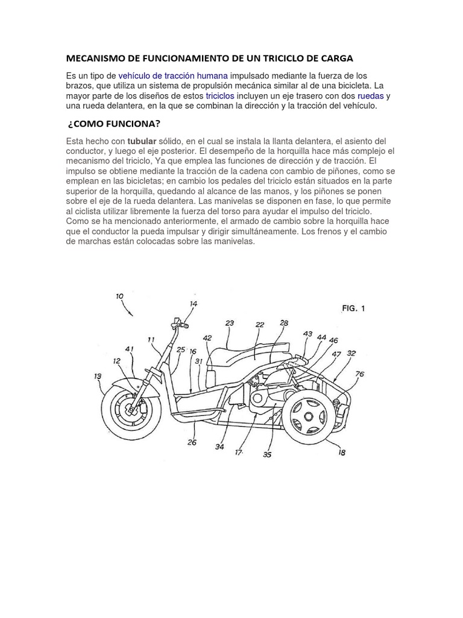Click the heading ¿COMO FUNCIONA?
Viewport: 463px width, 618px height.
(x=114, y=124)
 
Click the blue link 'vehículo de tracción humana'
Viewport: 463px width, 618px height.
(x=173, y=76)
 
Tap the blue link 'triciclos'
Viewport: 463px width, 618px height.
(x=219, y=95)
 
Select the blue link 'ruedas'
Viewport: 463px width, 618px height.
(x=370, y=95)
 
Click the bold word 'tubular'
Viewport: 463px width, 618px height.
(x=142, y=141)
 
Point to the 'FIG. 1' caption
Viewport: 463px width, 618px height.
(x=353, y=308)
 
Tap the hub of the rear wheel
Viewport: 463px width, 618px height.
(x=307, y=416)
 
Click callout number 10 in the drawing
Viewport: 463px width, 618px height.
(x=119, y=296)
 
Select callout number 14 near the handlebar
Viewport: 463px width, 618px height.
(x=193, y=304)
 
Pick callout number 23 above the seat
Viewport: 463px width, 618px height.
(x=230, y=323)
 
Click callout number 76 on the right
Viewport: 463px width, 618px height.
(x=359, y=374)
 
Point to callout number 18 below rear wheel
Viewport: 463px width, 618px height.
(x=342, y=453)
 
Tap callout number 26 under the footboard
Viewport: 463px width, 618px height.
(x=192, y=442)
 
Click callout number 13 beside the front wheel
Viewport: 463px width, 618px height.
(x=98, y=376)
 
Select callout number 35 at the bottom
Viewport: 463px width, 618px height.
(x=266, y=454)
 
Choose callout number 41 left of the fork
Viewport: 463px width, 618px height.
(x=129, y=349)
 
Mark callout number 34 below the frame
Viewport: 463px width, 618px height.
(x=219, y=447)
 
